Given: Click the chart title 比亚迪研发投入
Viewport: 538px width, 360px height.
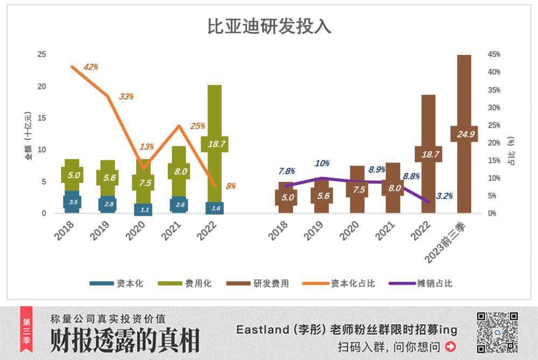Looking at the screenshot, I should pyautogui.click(x=269, y=27).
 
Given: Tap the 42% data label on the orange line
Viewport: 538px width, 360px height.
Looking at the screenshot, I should pyautogui.click(x=91, y=67).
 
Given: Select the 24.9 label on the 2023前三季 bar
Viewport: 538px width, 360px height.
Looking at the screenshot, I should pyautogui.click(x=464, y=134).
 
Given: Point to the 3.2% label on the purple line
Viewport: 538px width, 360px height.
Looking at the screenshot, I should pyautogui.click(x=444, y=196).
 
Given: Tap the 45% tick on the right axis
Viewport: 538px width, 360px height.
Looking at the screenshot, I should pyautogui.click(x=493, y=54).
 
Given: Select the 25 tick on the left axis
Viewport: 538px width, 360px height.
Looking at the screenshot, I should pyautogui.click(x=41, y=54).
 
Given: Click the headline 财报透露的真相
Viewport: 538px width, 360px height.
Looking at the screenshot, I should pyautogui.click(x=125, y=341).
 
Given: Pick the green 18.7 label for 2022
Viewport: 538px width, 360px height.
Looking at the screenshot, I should pyautogui.click(x=215, y=144).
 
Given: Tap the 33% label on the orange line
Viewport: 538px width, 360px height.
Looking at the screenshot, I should pyautogui.click(x=126, y=96).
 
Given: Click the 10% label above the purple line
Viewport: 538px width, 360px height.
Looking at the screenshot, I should pyautogui.click(x=322, y=164).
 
